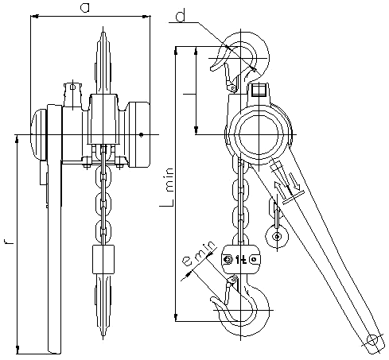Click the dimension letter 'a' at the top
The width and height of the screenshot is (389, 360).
85,8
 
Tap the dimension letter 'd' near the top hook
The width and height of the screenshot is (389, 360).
181,17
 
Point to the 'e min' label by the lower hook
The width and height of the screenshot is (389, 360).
198,254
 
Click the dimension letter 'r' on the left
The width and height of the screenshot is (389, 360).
9,241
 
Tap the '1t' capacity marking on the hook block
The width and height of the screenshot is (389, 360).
241,260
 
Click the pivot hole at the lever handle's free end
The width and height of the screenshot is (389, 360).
372,340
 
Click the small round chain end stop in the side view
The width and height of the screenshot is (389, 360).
277,237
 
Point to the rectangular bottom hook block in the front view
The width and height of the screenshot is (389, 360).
103,259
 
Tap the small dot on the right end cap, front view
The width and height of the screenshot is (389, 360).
142,135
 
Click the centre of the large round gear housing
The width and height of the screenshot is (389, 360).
259,134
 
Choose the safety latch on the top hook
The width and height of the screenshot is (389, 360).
229,78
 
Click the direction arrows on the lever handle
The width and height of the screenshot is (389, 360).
286,183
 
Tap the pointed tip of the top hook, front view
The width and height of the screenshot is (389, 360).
103,28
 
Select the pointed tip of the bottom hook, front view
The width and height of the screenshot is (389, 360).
103,338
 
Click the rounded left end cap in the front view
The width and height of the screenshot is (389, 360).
39,135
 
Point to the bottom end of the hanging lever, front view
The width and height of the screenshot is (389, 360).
54,351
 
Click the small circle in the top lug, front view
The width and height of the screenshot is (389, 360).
72,87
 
